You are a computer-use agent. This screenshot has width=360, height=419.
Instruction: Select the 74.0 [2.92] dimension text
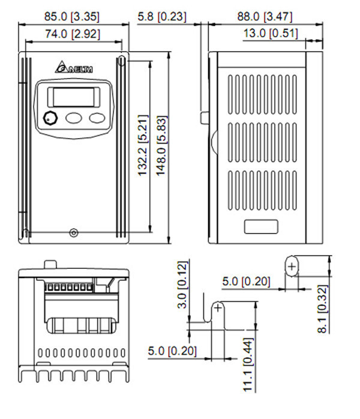pos(73,34)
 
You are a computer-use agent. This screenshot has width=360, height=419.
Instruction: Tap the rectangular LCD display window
pos(73,96)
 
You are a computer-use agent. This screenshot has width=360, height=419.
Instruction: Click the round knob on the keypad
pos(49,118)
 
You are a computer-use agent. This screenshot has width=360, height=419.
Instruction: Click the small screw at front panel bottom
pos(74,232)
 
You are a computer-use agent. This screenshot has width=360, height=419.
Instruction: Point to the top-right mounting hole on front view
pos(122,61)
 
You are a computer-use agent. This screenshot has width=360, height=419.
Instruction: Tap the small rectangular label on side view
pos(261,226)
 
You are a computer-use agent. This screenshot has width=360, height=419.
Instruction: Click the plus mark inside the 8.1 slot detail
pos(292,266)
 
